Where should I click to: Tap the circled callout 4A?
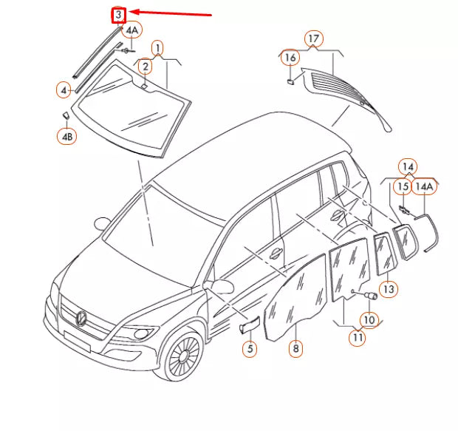(x=131, y=30)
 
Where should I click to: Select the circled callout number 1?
(x=157, y=48)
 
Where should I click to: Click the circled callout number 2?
(x=146, y=67)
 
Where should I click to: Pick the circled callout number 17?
(x=313, y=38)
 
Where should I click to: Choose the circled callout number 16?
(x=290, y=57)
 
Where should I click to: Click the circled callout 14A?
(x=423, y=187)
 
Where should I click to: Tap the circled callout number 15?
(x=403, y=187)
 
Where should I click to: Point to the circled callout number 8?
(x=295, y=347)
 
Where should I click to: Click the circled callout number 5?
(x=250, y=347)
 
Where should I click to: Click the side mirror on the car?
(x=221, y=286)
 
